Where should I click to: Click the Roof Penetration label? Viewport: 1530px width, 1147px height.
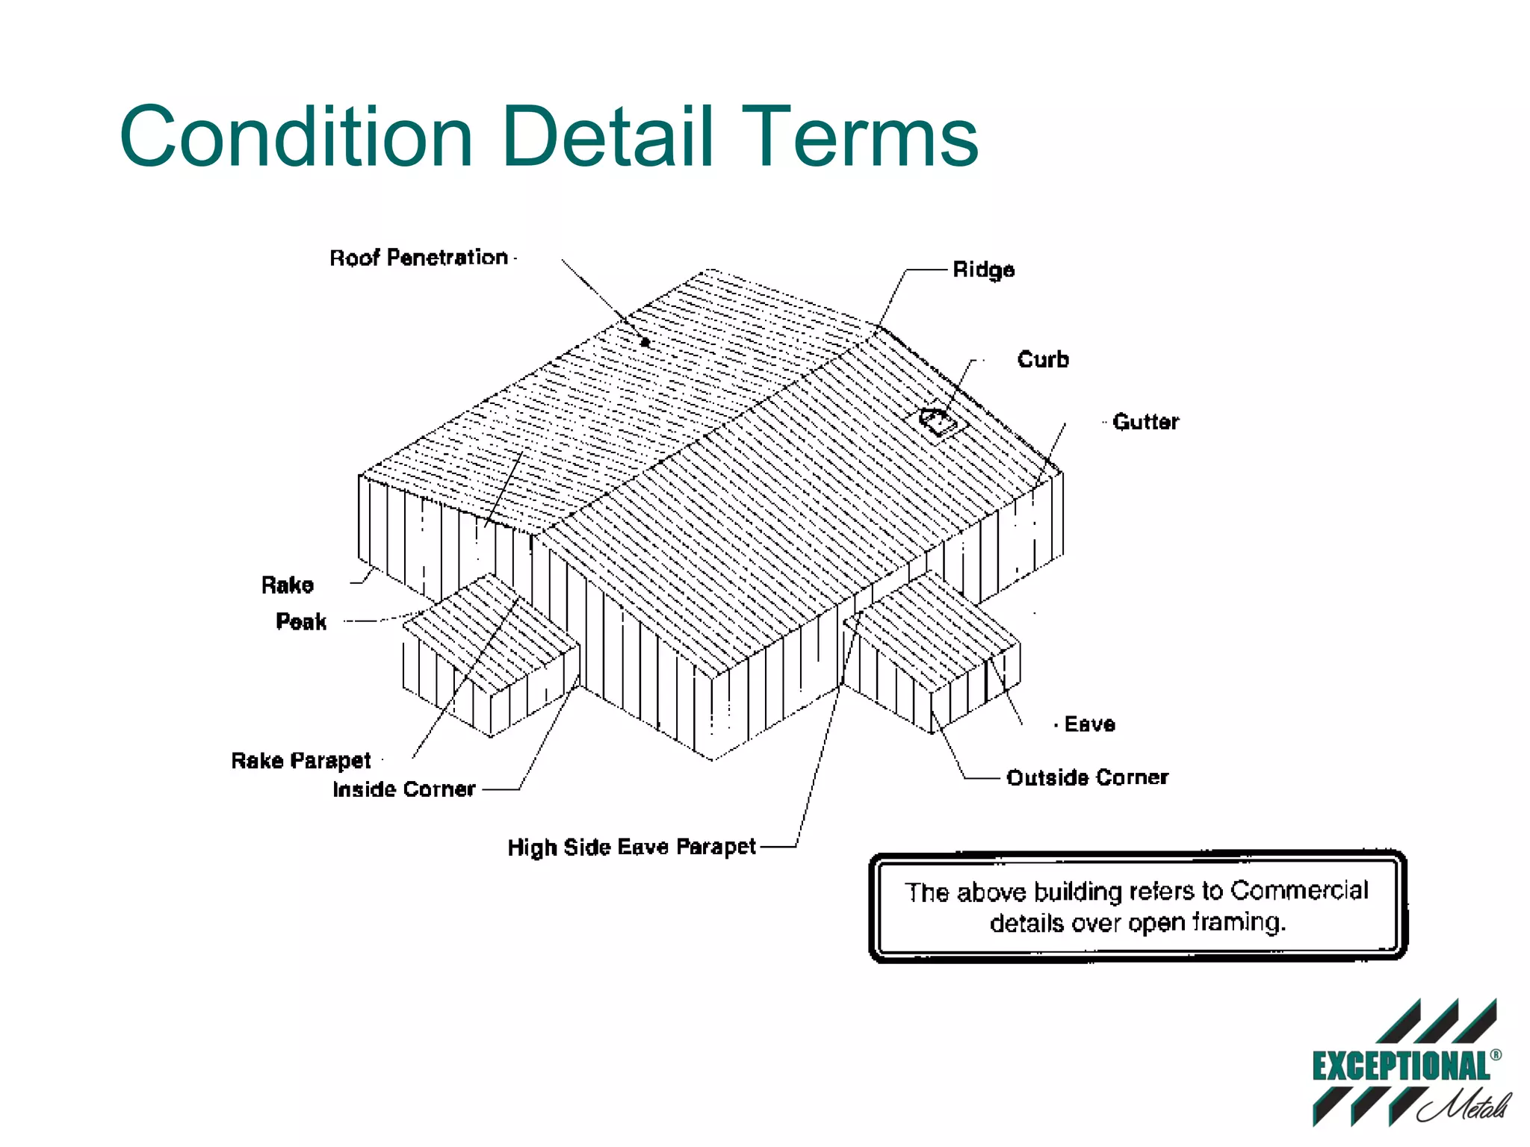[x=418, y=258]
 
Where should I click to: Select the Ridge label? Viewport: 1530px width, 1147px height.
[x=983, y=270]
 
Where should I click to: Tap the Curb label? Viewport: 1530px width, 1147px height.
[x=1043, y=359]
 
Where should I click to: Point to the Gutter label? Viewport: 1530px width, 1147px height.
[x=1145, y=422]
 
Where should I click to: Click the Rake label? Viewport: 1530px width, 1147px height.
[x=288, y=585]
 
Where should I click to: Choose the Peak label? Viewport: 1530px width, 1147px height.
[x=301, y=621]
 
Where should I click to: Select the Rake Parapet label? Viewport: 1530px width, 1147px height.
[x=301, y=760]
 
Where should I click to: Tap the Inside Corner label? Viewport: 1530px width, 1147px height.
[x=404, y=789]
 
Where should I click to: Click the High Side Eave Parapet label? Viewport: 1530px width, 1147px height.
[x=631, y=847]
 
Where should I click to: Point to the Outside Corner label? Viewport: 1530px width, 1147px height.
[x=1087, y=777]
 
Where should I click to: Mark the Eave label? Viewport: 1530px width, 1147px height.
[x=1089, y=724]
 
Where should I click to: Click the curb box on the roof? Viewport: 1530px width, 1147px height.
[x=939, y=422]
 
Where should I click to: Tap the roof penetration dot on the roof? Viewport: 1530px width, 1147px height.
[x=645, y=343]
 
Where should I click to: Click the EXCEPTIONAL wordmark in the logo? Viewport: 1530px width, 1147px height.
[x=1401, y=1066]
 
